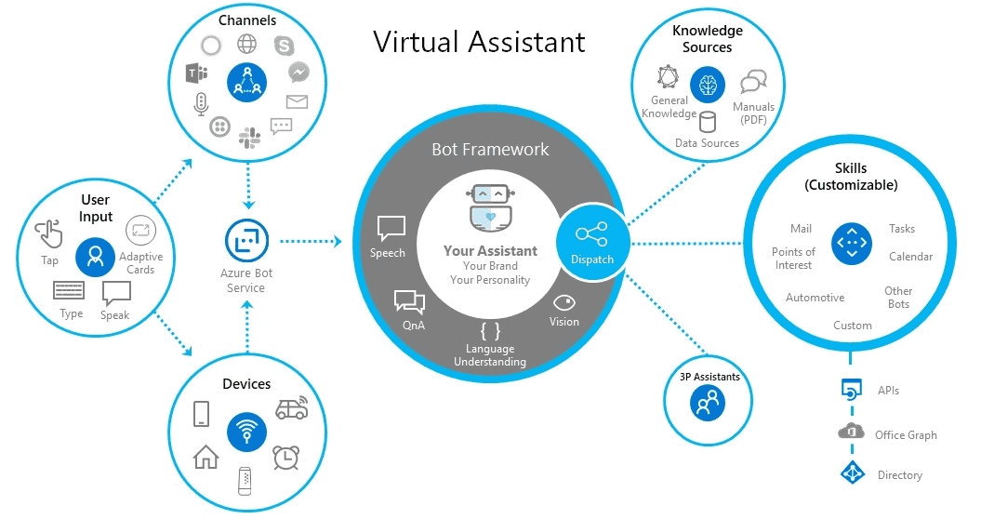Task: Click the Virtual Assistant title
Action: (479, 42)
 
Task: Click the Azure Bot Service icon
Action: (245, 241)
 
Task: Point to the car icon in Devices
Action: (291, 408)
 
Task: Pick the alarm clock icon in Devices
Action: (285, 457)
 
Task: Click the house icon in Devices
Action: (205, 456)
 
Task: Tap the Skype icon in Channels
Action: (285, 45)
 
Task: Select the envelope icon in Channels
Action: (297, 102)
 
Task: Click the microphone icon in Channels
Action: (200, 103)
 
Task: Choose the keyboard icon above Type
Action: (69, 291)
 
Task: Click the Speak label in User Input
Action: (115, 315)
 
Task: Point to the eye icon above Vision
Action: (563, 303)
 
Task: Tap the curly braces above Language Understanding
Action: (490, 330)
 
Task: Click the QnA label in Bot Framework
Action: (414, 326)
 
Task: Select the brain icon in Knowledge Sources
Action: (709, 84)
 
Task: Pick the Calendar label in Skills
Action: (910, 257)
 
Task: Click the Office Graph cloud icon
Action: (851, 432)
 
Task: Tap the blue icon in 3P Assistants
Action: (709, 403)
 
